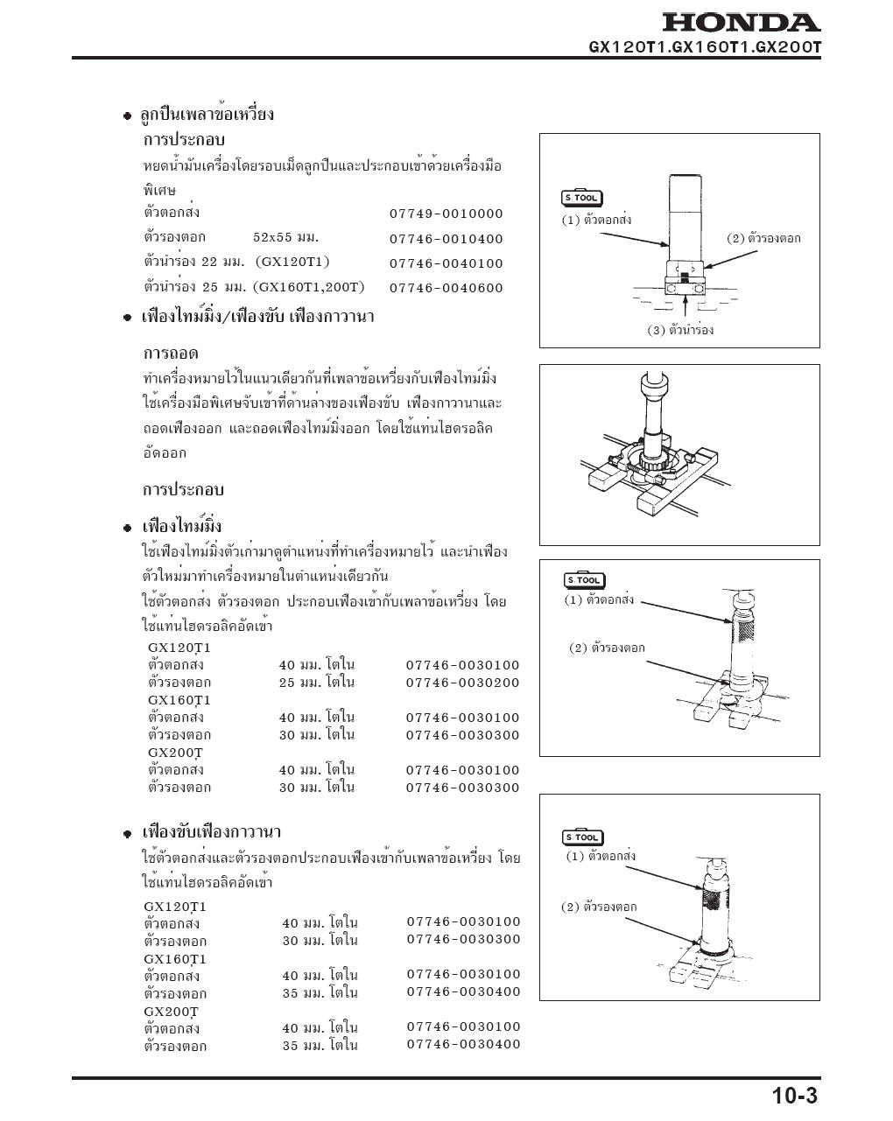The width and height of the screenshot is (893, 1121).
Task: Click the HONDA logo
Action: tap(740, 23)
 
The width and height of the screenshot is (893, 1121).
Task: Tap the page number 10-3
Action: tap(794, 1095)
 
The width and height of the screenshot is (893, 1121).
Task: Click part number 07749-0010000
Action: tap(446, 214)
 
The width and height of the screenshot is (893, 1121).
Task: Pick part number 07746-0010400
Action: tap(446, 239)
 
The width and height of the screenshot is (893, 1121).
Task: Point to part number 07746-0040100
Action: tap(446, 263)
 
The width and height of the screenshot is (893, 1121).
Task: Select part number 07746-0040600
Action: tap(446, 288)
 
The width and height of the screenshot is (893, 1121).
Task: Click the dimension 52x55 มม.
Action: tap(285, 237)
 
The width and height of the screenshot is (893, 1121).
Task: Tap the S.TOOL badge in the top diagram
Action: tap(581, 198)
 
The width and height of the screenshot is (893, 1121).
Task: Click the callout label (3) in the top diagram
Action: tap(680, 331)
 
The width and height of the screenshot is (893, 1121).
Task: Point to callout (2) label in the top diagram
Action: tap(763, 238)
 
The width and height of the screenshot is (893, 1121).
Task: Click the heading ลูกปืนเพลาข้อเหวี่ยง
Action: tap(207, 115)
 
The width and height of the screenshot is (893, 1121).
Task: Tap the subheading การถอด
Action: tap(171, 354)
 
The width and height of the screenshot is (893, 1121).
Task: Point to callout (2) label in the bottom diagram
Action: tap(599, 907)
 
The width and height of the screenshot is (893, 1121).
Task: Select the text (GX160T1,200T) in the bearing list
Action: tap(308, 287)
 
